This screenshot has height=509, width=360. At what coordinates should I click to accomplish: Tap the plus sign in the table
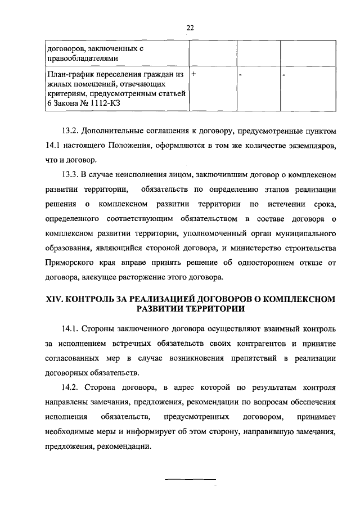[193, 74]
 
